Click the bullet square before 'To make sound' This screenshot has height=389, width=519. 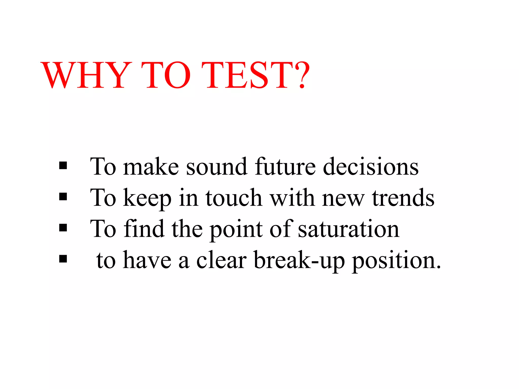63,166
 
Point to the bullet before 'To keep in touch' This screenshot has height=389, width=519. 63,197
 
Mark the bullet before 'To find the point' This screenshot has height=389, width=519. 63,228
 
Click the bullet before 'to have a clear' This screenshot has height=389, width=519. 63,259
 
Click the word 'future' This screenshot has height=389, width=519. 285,166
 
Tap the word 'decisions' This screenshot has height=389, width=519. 370,166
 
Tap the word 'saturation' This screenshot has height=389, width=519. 348,229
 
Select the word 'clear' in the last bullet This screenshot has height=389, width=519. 221,260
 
